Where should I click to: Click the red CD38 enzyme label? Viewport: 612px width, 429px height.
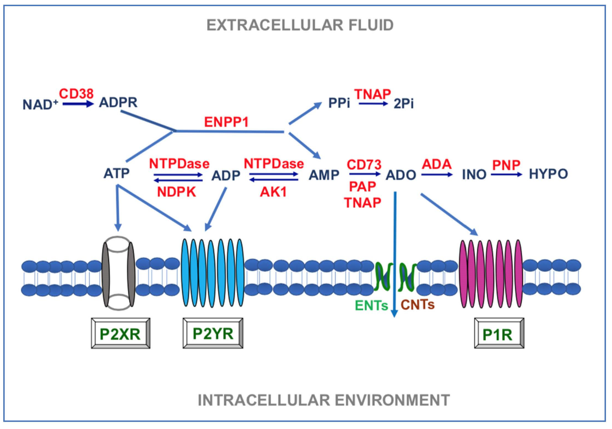(x=76, y=94)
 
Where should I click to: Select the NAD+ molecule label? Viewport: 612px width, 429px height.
(x=40, y=104)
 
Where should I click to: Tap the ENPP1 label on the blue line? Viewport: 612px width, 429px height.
(x=226, y=122)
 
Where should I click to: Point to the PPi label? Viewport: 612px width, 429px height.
(x=339, y=103)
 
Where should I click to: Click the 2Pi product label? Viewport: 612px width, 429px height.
(x=404, y=104)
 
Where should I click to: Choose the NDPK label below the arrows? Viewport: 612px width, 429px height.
(x=176, y=192)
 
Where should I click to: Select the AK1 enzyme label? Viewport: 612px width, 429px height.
(x=273, y=192)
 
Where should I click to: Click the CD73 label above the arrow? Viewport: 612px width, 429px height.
(x=364, y=164)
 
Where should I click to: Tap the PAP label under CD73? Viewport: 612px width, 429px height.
(x=362, y=186)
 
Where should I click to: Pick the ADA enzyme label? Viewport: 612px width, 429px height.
(x=436, y=164)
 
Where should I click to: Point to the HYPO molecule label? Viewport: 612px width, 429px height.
(x=548, y=174)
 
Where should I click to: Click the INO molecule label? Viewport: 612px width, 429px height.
(x=474, y=175)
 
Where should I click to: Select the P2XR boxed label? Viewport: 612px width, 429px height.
(x=120, y=334)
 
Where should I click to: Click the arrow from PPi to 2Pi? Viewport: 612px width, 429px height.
(x=373, y=104)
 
